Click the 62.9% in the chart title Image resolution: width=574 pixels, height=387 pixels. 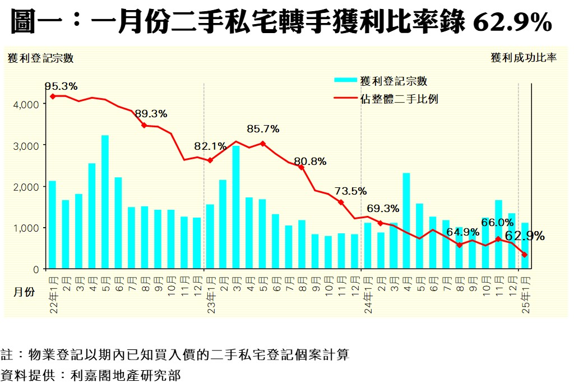click(512, 23)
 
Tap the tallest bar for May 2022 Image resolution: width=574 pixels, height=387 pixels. click(105, 202)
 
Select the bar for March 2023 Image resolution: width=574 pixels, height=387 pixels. click(236, 207)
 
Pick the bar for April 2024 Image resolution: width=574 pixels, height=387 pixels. click(406, 221)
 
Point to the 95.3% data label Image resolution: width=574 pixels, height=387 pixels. click(61, 86)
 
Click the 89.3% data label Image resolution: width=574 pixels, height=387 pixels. click(151, 113)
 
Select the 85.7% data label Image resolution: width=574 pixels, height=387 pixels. click(263, 129)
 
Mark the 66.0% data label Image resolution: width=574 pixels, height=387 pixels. click(498, 223)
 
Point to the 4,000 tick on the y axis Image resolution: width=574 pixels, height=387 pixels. click(28, 104)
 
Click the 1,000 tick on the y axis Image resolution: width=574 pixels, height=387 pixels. click(28, 228)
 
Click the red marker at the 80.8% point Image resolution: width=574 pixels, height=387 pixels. click(302, 167)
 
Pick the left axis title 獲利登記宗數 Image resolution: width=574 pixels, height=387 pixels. click(40, 58)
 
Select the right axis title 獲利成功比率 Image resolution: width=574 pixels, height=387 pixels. click(524, 58)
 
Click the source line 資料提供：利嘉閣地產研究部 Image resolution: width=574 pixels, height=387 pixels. click(91, 375)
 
